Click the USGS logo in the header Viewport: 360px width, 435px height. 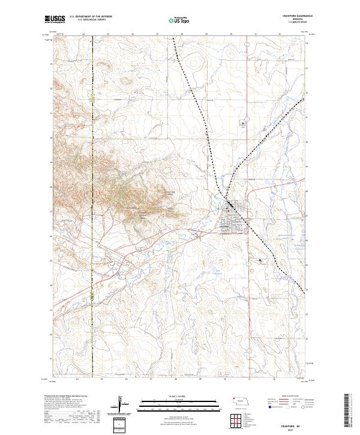[53, 20]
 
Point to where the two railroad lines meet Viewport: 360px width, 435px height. [226, 198]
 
